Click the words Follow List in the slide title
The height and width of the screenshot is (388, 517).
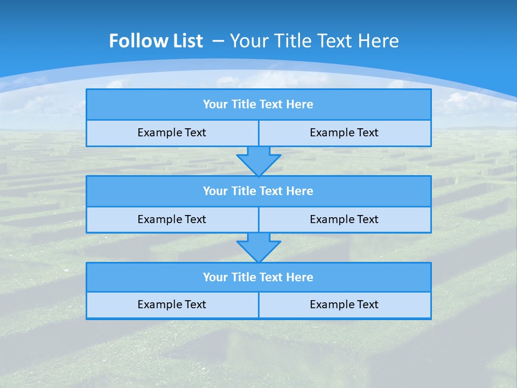[x=156, y=41]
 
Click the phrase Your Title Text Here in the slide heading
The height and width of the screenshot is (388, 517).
[x=314, y=41]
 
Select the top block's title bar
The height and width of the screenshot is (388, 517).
[x=258, y=105]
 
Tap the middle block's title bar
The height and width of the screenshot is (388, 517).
[x=258, y=191]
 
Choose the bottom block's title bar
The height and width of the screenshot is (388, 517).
[x=258, y=278]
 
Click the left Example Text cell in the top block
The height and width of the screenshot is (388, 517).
[x=172, y=133]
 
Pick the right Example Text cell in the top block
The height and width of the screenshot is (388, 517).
[x=344, y=133]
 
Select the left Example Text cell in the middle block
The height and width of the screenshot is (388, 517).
[x=172, y=219]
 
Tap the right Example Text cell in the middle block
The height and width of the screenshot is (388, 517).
[x=344, y=219]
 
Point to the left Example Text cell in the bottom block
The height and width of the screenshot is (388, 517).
[x=172, y=304]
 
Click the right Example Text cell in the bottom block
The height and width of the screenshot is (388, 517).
[x=344, y=304]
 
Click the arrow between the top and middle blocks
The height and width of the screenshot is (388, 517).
[x=258, y=161]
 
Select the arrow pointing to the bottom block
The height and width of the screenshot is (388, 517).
[x=258, y=247]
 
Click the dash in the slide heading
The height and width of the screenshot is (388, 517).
[x=218, y=41]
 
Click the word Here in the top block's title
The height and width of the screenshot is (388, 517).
[x=300, y=105]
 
